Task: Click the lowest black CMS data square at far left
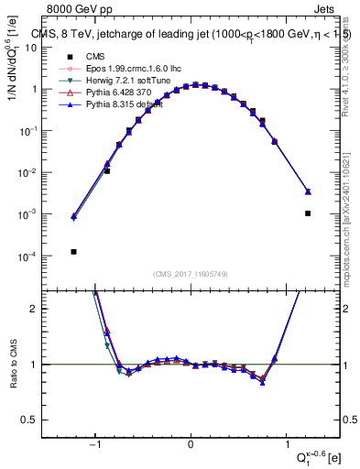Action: click(x=73, y=252)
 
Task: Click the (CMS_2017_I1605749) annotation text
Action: click(x=191, y=274)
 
